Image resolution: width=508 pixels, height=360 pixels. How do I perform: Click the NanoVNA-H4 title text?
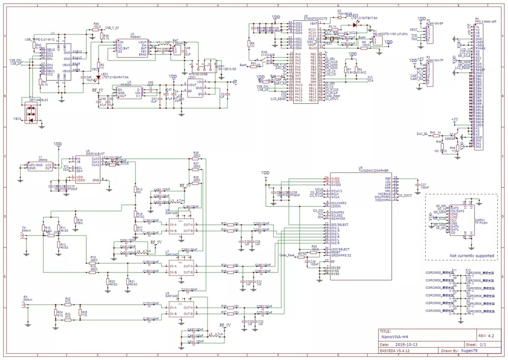(x=395, y=336)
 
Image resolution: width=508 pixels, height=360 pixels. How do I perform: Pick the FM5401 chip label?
(x=136, y=37)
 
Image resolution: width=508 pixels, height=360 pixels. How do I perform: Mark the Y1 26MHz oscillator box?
(x=41, y=166)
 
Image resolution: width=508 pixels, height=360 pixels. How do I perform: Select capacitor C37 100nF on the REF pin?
(x=417, y=186)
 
